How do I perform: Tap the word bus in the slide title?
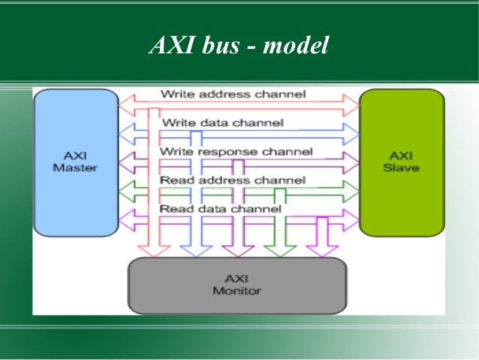[x=212, y=46]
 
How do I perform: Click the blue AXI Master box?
[x=75, y=162]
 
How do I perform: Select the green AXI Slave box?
[x=401, y=162]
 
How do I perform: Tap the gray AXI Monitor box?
[x=236, y=285]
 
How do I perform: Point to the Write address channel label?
[x=233, y=95]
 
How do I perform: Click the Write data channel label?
[x=222, y=123]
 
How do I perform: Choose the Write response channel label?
[x=236, y=152]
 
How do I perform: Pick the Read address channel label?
[x=233, y=180]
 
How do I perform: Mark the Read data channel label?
[x=221, y=208]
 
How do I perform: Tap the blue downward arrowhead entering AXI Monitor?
[x=197, y=250]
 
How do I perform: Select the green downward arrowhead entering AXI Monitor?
[x=281, y=250]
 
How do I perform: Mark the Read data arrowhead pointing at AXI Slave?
[x=351, y=219]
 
